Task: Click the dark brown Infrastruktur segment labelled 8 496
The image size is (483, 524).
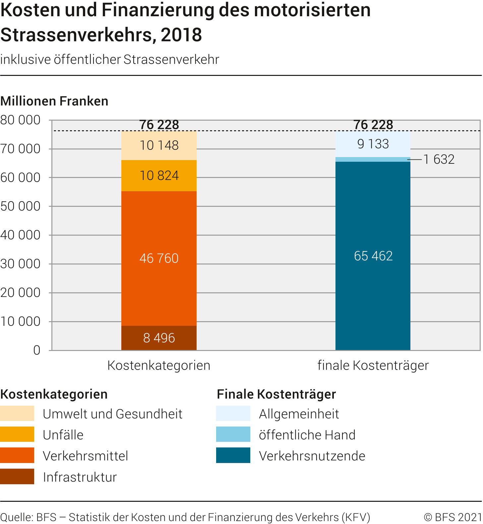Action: coord(159,338)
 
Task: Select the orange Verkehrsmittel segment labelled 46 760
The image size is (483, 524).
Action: coord(159,258)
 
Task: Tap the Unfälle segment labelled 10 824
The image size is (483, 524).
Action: coord(159,176)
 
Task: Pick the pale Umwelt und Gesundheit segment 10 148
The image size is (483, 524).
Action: coord(159,146)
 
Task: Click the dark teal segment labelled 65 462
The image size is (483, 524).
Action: coord(373,256)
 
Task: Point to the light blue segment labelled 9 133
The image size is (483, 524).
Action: coord(373,144)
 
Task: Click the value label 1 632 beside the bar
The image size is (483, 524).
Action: coord(439,159)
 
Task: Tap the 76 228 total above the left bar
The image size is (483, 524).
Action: coord(159,125)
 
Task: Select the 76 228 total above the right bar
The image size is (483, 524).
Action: coord(373,125)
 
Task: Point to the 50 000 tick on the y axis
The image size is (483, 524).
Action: coord(21,206)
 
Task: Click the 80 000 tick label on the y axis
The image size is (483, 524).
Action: coord(21,120)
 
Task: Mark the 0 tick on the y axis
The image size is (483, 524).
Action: coord(36,350)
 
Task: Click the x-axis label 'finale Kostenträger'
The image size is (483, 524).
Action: coord(373,365)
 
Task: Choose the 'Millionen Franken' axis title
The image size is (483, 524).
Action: coord(54,101)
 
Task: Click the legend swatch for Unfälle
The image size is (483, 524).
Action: coord(17,434)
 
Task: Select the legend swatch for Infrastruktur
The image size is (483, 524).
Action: coord(17,476)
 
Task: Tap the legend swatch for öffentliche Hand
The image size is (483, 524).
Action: coord(233,434)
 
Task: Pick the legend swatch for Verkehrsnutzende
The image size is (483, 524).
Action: coord(233,455)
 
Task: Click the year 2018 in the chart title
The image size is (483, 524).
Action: coord(181,35)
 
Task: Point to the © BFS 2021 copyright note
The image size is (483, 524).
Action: coord(453,517)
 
